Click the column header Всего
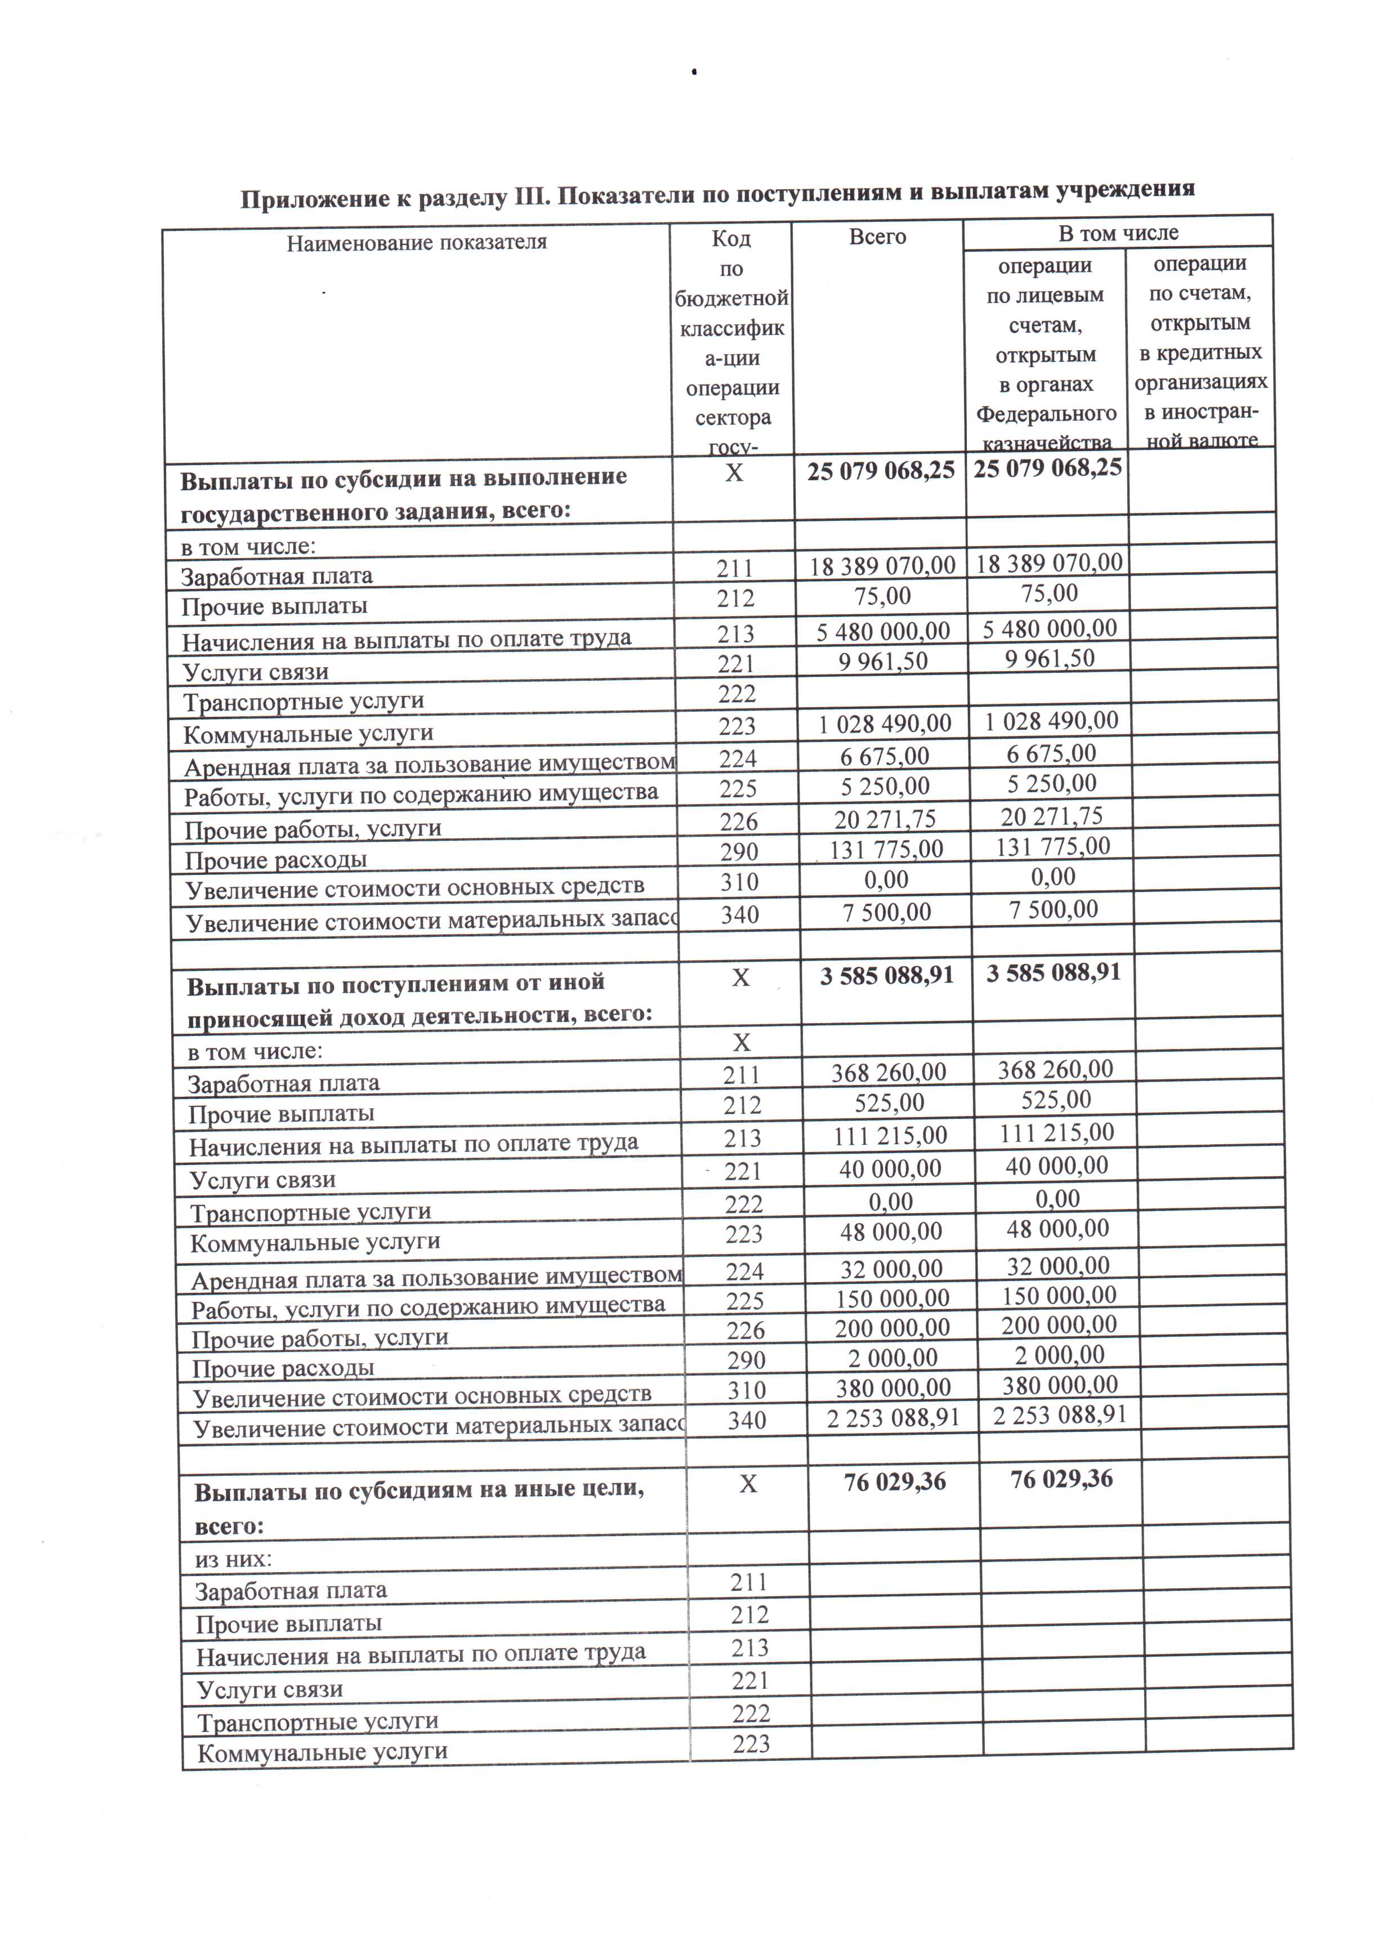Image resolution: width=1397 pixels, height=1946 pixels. [877, 237]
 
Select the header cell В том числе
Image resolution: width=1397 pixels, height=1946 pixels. [1117, 233]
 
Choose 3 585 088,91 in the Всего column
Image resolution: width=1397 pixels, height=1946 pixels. [886, 976]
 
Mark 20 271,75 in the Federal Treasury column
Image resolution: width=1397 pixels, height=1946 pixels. [1052, 816]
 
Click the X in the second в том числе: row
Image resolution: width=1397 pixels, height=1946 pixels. [740, 1042]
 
